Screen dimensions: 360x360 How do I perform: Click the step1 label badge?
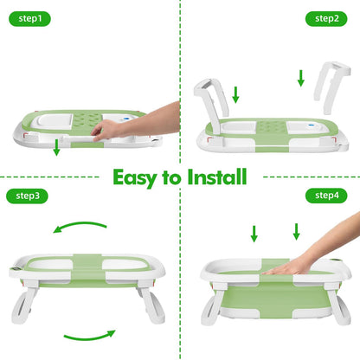(x=29, y=19)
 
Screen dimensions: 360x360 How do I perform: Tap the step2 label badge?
(x=326, y=19)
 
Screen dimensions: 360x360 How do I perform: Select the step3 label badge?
(x=27, y=196)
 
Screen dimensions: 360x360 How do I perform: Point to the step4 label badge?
(x=326, y=196)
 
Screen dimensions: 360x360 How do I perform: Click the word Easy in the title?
(x=134, y=178)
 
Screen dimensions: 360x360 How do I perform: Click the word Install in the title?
(x=217, y=177)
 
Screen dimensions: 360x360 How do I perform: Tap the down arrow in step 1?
(x=56, y=147)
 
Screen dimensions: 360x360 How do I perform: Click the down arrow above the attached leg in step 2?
(x=235, y=94)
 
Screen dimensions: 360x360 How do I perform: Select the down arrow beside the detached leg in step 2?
(x=301, y=78)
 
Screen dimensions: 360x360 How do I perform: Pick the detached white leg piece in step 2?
(x=331, y=87)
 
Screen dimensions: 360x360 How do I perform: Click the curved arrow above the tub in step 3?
(x=80, y=226)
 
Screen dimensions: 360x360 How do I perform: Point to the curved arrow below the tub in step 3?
(x=89, y=336)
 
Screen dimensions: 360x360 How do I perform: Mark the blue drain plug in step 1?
(x=126, y=119)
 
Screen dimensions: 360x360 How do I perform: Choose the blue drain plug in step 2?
(x=311, y=125)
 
